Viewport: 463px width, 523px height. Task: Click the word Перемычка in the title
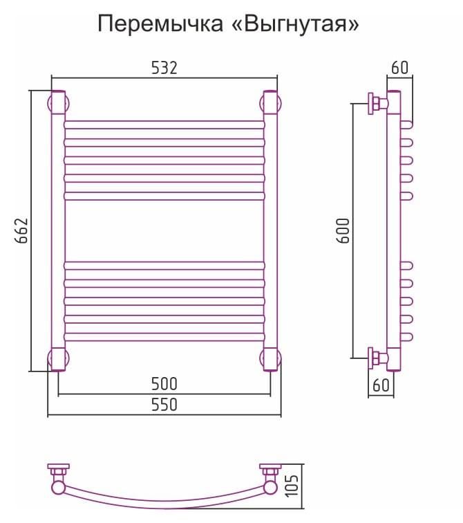pos(160,24)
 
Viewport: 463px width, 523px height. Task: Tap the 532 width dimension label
pos(164,68)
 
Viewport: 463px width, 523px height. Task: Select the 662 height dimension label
pos(21,231)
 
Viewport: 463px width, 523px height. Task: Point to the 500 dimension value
pos(164,383)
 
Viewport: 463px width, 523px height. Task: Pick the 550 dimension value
pos(164,405)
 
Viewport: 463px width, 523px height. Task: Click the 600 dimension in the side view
pos(343,231)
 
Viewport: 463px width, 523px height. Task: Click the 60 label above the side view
pos(399,68)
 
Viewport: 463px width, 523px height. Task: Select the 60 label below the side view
pos(381,385)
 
